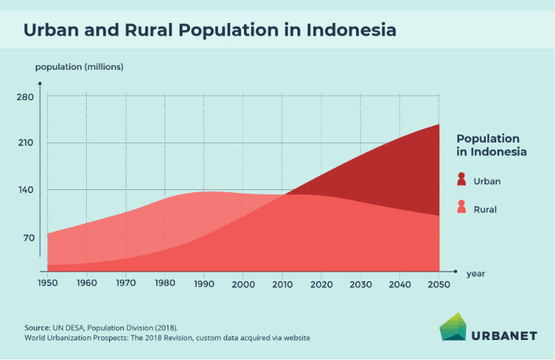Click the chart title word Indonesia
tap(351, 30)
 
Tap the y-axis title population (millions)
tap(79, 67)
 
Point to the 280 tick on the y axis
tap(25, 97)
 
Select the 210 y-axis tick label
tap(25, 143)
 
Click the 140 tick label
tap(25, 190)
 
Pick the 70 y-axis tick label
tap(29, 238)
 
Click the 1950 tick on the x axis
tap(47, 284)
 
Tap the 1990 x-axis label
tap(204, 284)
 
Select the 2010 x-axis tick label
tap(283, 284)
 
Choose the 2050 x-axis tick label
tap(439, 284)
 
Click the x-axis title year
tap(476, 274)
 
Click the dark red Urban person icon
tap(462, 179)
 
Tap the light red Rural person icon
tap(462, 207)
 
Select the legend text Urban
tap(487, 181)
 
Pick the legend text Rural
tap(485, 209)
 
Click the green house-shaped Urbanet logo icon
tap(453, 327)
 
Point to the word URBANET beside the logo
tap(505, 336)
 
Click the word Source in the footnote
tap(37, 328)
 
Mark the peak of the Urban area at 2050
tap(439, 124)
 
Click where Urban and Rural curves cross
tap(285, 194)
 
